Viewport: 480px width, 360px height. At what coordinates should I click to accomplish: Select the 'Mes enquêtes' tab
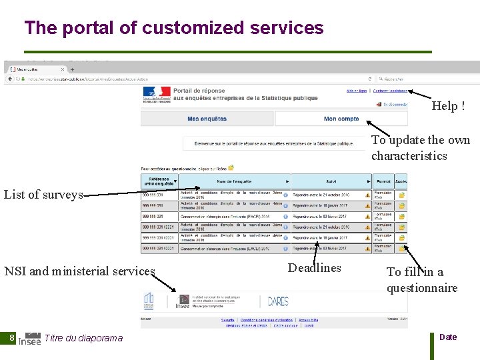coord(207,119)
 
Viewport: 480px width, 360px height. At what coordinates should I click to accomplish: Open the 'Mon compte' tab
coord(341,119)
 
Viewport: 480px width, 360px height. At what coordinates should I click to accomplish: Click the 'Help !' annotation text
coord(448,106)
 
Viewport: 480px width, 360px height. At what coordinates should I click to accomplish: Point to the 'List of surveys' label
coord(43,195)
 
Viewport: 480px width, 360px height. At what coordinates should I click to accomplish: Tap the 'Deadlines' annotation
coord(314,268)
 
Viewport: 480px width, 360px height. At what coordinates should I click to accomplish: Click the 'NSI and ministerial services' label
coord(79,271)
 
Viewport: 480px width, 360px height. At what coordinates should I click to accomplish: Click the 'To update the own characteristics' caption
coord(421,147)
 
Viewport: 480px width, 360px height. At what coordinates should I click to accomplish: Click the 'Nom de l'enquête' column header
coord(234,181)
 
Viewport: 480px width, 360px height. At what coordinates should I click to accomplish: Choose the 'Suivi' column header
coord(331,181)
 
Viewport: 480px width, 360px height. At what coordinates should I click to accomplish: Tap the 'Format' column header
coord(383,181)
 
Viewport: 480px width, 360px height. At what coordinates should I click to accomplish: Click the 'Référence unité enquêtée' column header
coord(159,181)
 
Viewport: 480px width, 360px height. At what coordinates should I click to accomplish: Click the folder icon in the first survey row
coord(401,195)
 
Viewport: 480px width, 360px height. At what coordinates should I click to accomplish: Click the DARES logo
coord(278,301)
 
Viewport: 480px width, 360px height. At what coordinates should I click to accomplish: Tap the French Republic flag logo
coord(156,94)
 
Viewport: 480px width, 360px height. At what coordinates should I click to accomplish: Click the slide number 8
coord(12,338)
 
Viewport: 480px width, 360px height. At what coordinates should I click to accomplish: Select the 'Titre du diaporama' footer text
coord(83,338)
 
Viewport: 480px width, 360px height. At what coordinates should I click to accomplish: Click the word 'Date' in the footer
coord(448,337)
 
